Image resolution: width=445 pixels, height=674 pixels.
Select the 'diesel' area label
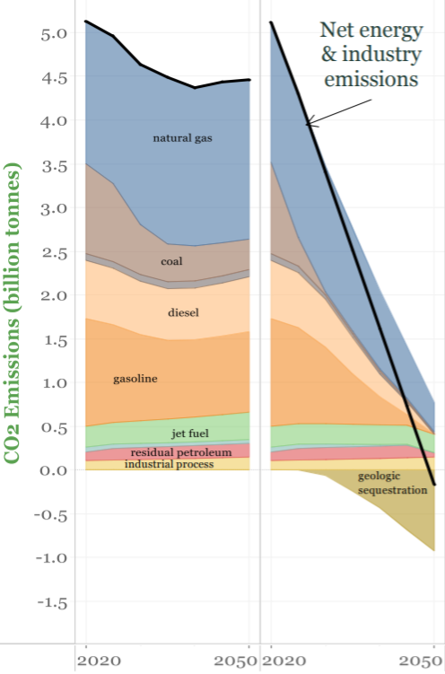(183, 312)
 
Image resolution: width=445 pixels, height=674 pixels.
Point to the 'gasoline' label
(135, 379)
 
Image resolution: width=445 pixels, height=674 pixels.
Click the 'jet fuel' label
(191, 434)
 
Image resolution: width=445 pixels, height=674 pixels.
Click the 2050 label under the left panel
(237, 661)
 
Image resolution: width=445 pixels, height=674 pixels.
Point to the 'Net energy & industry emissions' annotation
(371, 55)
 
